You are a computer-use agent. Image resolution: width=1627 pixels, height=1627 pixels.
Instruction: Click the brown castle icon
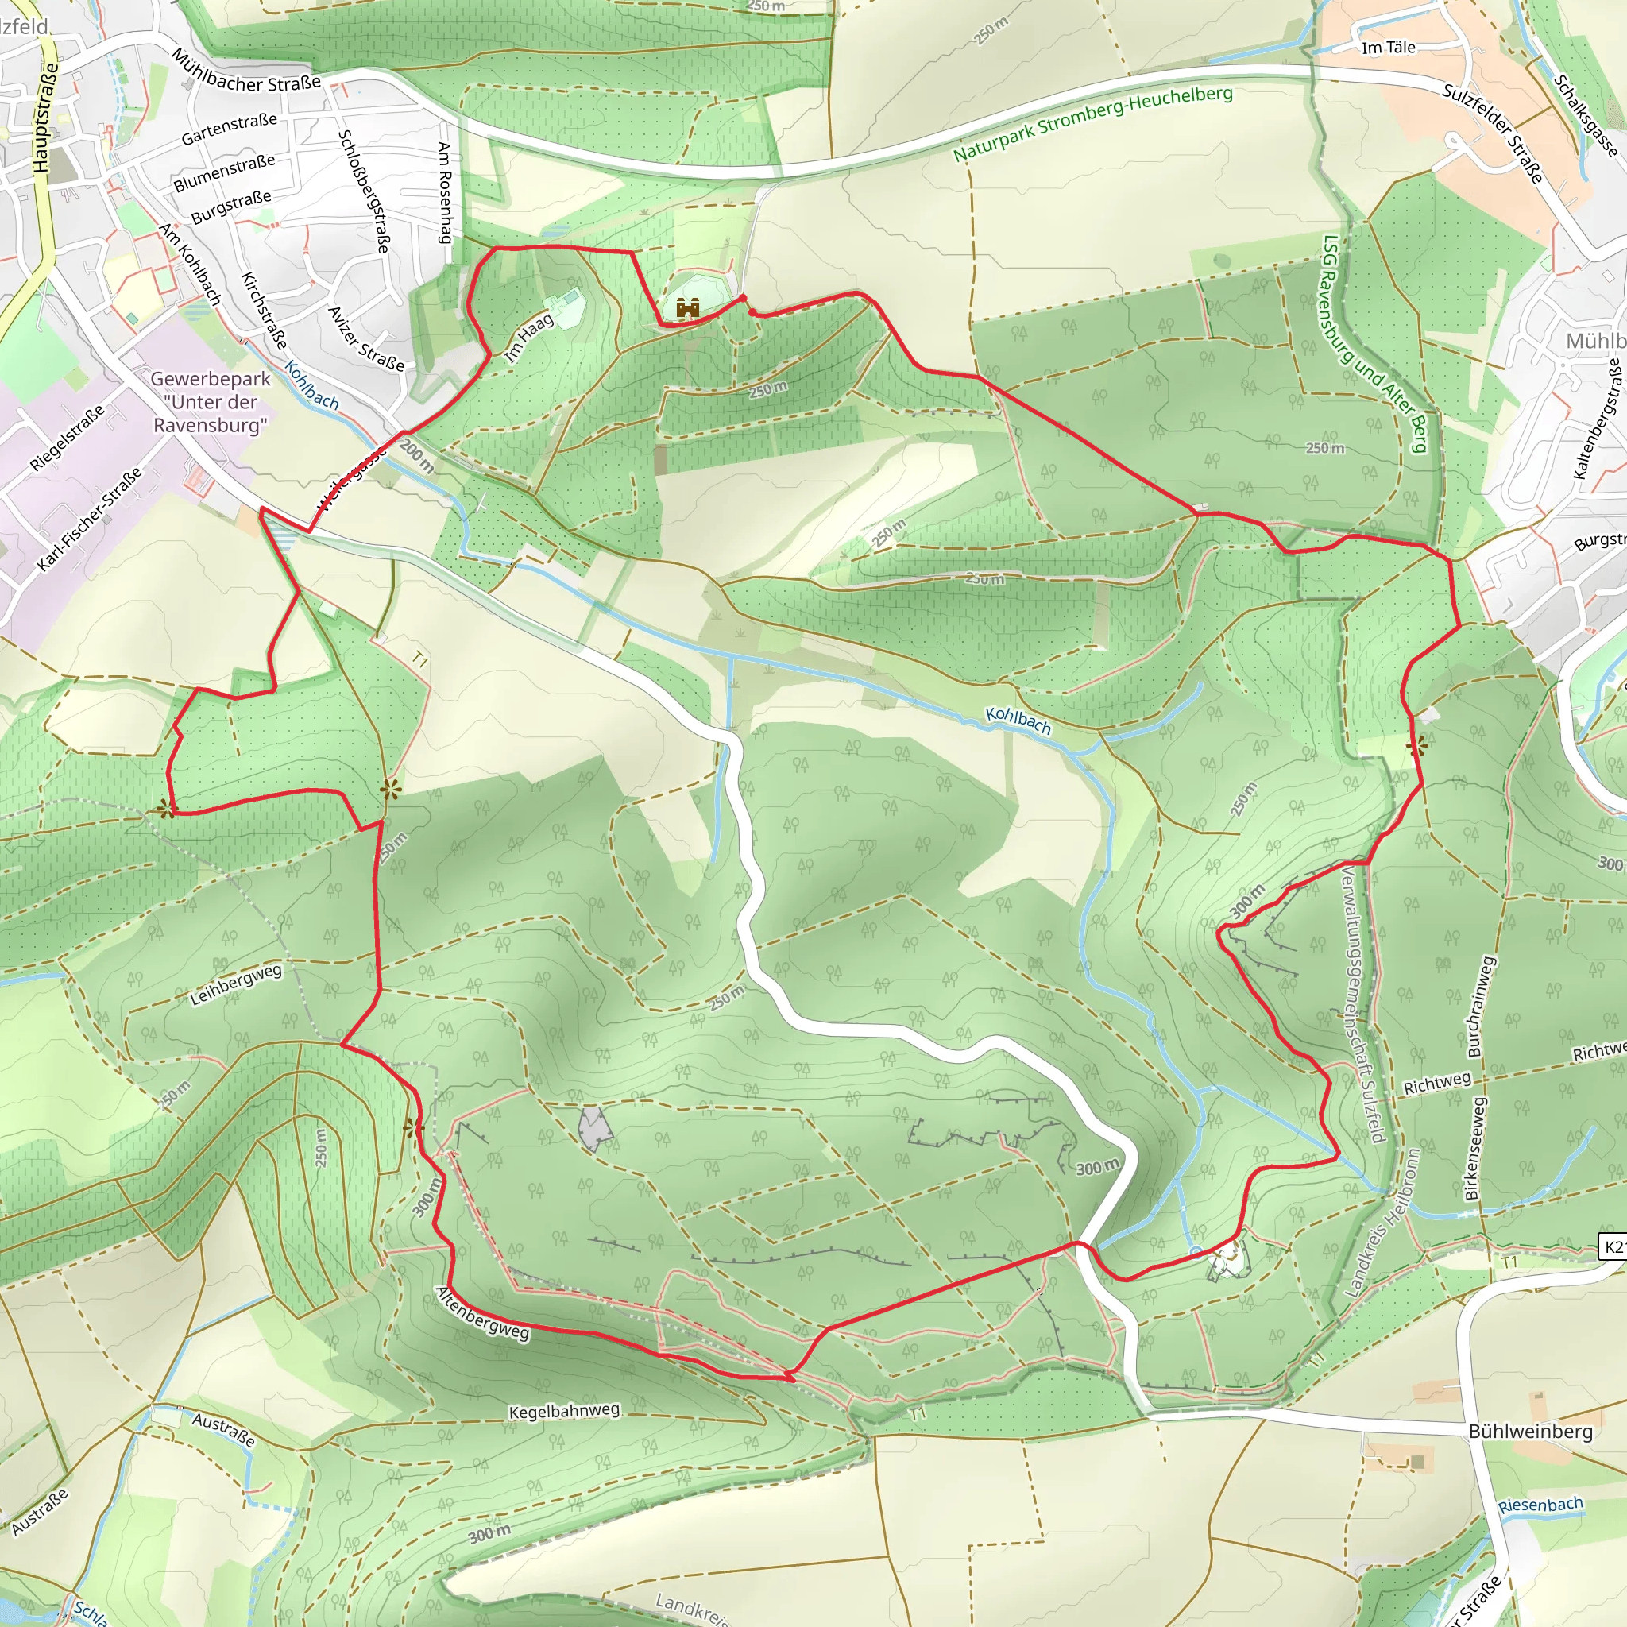[688, 309]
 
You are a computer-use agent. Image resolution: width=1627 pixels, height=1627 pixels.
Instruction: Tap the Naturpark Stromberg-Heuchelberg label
[1092, 123]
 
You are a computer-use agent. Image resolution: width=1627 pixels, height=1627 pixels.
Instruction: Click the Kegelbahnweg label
[564, 1412]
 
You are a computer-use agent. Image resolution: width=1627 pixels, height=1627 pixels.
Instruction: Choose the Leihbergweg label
[236, 984]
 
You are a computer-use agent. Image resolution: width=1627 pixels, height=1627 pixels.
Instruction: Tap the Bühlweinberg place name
[1530, 1432]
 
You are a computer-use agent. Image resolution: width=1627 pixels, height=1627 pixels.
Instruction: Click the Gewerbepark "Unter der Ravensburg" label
[211, 402]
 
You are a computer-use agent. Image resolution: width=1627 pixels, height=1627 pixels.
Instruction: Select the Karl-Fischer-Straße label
[89, 520]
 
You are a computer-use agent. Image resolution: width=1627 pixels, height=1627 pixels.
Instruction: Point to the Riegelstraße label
[68, 437]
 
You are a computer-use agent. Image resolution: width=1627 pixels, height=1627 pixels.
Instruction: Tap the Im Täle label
[1389, 48]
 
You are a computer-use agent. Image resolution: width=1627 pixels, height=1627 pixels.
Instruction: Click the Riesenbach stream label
[1540, 1504]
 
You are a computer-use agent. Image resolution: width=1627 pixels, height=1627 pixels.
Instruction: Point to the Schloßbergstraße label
[364, 191]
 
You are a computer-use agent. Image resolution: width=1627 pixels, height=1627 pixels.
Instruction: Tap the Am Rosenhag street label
[445, 193]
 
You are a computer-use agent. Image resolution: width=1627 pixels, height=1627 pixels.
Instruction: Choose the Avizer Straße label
[365, 338]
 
